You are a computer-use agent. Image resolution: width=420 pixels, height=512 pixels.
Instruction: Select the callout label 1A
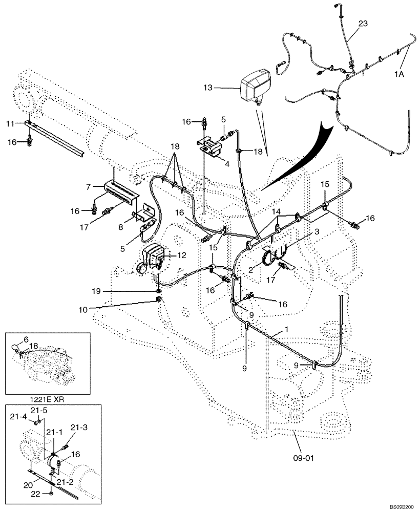(x=400, y=74)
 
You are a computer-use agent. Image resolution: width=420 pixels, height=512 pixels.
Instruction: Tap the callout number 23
(x=363, y=23)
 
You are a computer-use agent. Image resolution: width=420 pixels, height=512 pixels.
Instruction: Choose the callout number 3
(x=317, y=232)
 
